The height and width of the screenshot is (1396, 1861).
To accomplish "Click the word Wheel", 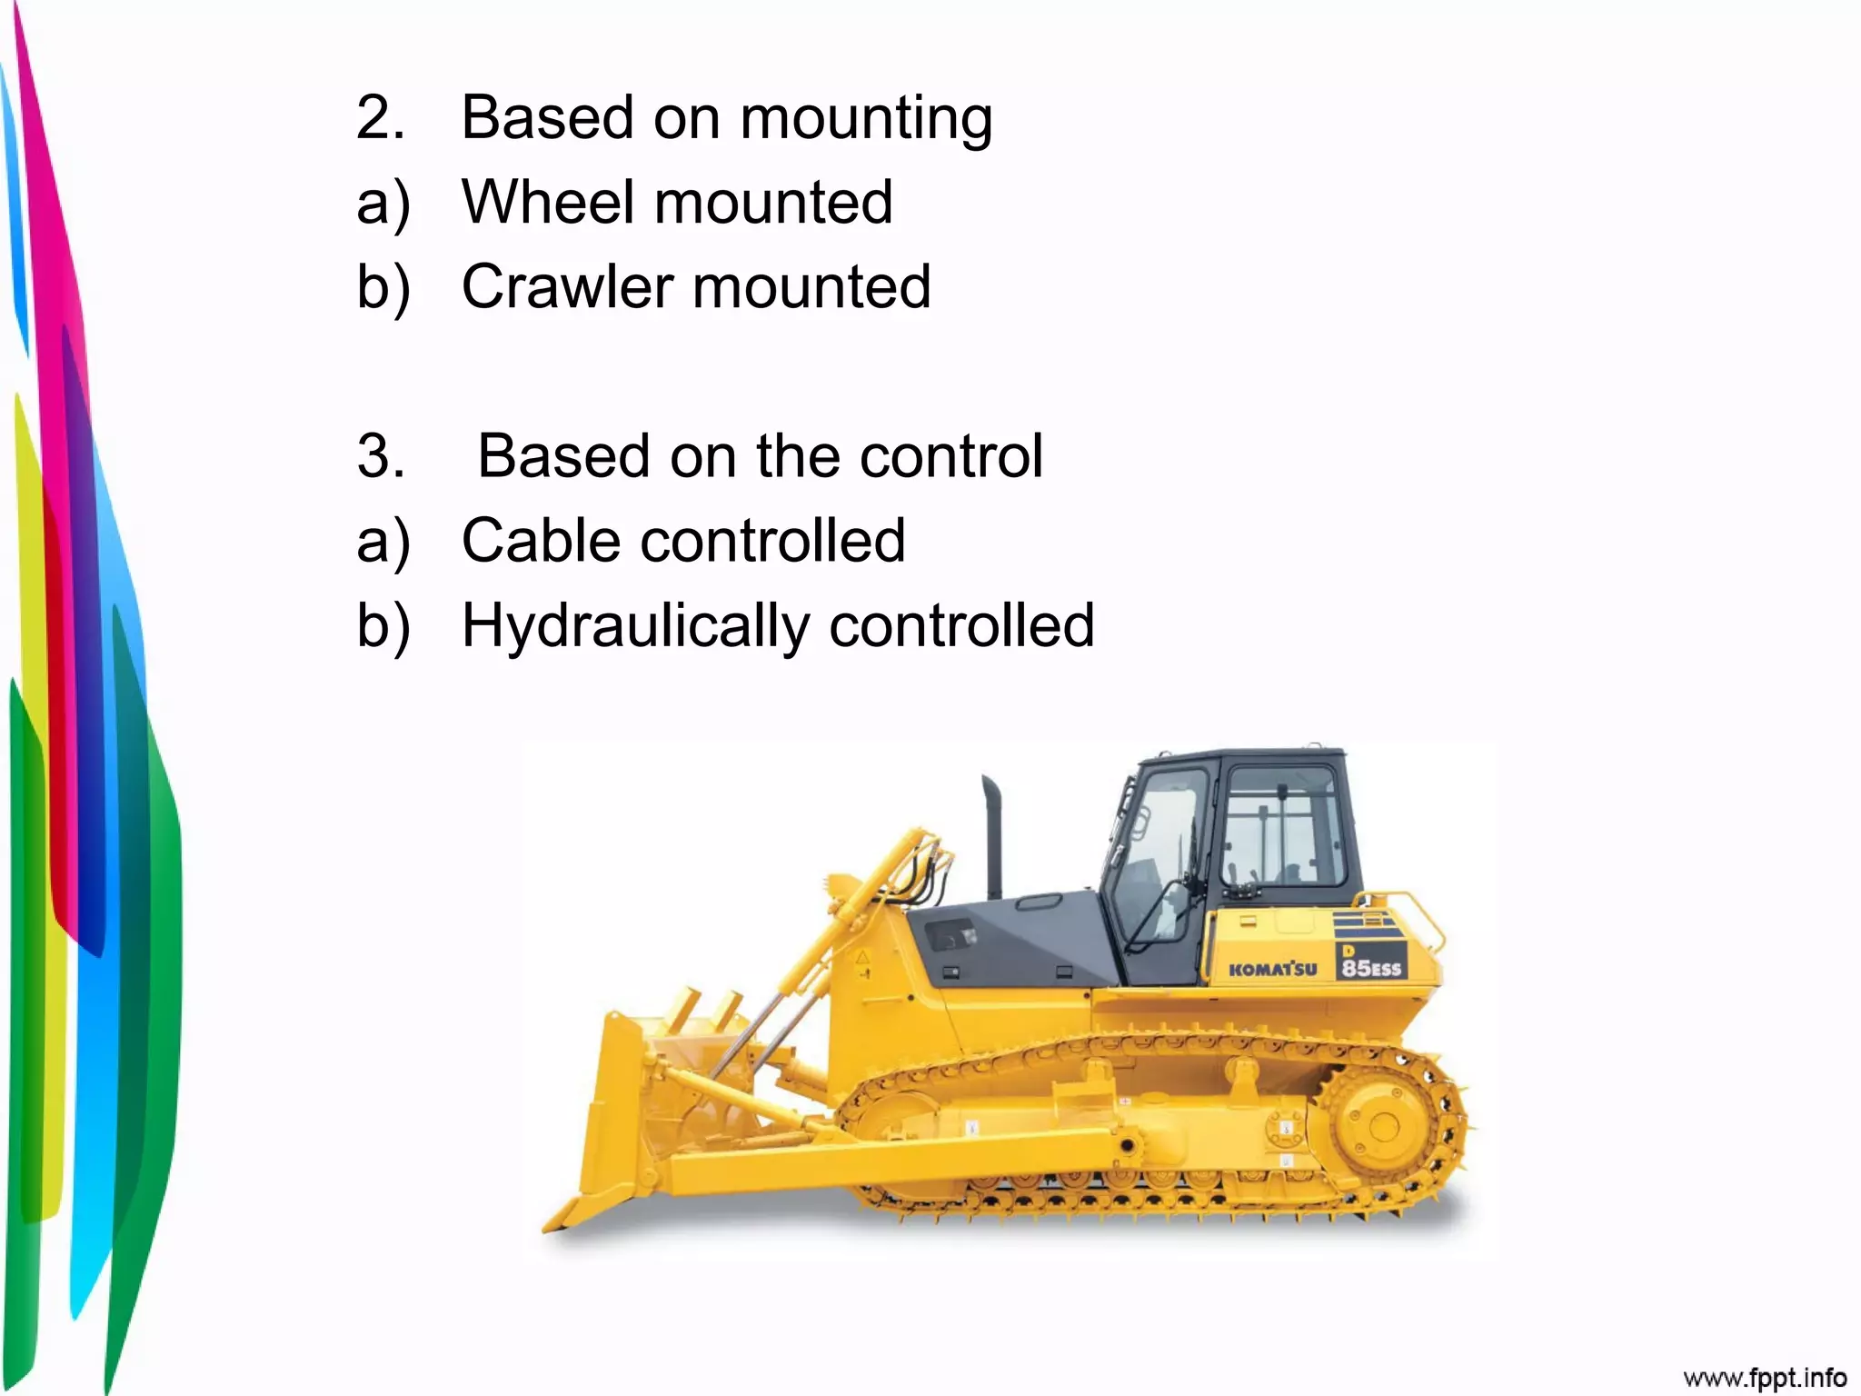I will click(x=546, y=202).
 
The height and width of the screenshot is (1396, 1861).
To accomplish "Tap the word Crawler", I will click(x=567, y=287).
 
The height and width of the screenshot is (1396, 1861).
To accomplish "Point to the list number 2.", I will click(x=379, y=118).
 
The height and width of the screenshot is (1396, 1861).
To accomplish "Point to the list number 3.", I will click(x=380, y=456).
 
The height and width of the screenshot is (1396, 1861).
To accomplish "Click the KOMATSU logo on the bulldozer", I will click(x=1272, y=969).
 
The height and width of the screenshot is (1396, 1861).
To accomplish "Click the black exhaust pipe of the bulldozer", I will click(x=992, y=836).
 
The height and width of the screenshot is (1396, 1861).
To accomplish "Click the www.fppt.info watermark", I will click(x=1764, y=1378).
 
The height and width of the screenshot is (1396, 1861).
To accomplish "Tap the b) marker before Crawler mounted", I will click(x=383, y=287).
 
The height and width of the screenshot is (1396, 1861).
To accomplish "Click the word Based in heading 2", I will click(x=546, y=118).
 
